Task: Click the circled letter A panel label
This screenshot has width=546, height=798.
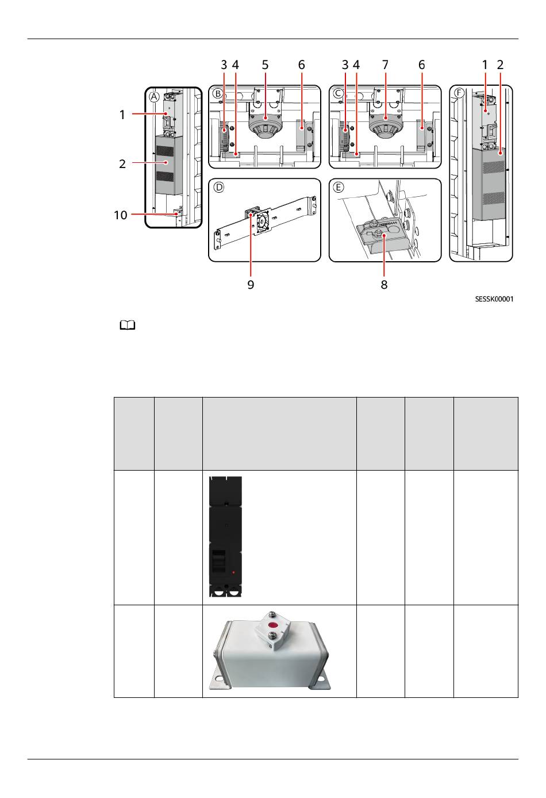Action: click(x=154, y=97)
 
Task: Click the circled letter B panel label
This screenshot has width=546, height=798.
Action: click(x=217, y=94)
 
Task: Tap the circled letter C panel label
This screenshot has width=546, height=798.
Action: click(x=338, y=94)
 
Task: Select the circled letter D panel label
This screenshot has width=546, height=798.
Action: click(x=218, y=187)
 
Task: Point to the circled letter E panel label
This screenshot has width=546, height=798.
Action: click(x=339, y=187)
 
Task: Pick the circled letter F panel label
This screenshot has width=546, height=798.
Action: click(x=459, y=93)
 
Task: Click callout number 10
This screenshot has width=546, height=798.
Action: click(x=120, y=215)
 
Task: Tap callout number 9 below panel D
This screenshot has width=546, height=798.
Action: click(x=251, y=285)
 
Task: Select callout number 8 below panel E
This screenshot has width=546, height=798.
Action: click(x=384, y=285)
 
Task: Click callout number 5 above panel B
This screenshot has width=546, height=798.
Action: click(x=265, y=65)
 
